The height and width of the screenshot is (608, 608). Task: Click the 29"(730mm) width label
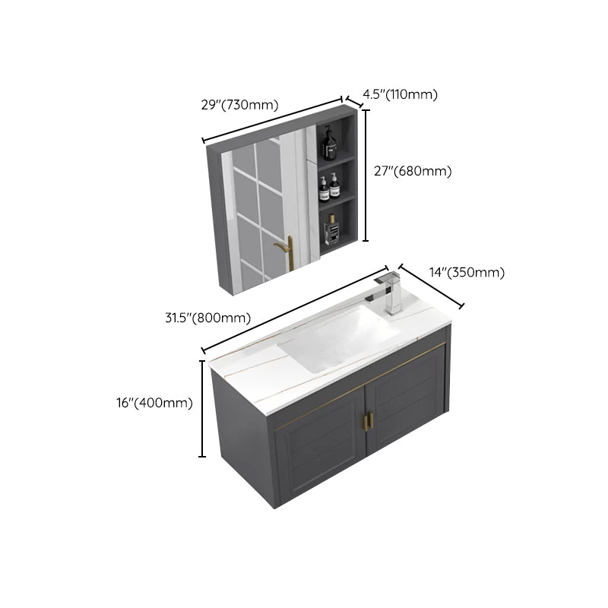tap(239, 106)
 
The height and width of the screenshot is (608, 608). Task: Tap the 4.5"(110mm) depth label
tap(400, 94)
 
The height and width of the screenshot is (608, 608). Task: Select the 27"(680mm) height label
tap(414, 172)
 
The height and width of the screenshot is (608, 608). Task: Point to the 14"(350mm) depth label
tap(467, 273)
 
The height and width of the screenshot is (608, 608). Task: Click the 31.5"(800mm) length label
tap(207, 318)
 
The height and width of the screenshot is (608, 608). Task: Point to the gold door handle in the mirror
tap(288, 252)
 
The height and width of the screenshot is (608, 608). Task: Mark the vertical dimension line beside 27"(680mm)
tap(365, 175)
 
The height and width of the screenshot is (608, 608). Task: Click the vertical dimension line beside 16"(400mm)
tap(202, 409)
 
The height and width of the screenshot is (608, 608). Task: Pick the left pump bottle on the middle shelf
tap(323, 188)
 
